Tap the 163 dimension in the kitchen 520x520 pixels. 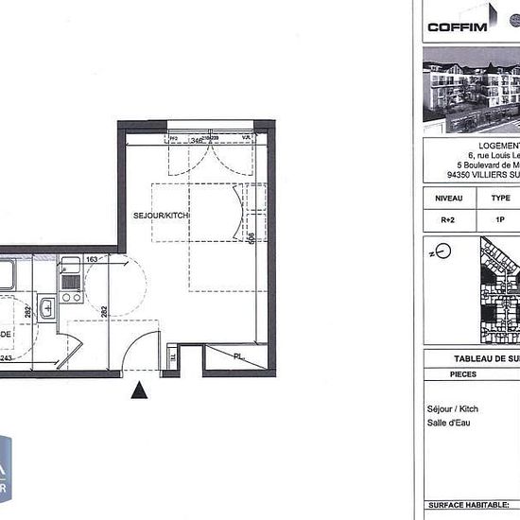pos(93,258)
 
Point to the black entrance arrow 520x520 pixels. pos(140,389)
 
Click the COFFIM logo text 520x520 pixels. pos(458,26)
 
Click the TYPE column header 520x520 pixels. pos(500,199)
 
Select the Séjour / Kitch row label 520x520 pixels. pos(453,408)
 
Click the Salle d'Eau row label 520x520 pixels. pos(448,423)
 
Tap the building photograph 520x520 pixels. pos(470,93)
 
